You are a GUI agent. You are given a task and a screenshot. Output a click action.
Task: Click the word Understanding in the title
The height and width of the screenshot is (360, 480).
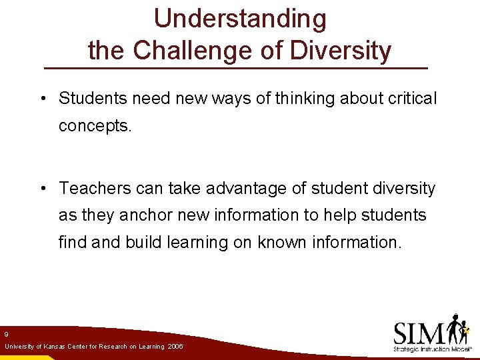tap(240, 19)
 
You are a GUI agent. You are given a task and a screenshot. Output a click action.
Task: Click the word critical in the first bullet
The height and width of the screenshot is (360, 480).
tap(412, 99)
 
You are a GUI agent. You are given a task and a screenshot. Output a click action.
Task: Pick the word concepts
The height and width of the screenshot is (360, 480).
tap(96, 126)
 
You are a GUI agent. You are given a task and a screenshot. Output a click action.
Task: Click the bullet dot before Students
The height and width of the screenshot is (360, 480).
tap(42, 99)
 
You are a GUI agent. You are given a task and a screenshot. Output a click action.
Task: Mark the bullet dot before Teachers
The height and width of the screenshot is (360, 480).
tap(42, 189)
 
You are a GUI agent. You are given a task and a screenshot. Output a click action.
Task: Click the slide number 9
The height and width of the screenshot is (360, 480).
tap(6, 334)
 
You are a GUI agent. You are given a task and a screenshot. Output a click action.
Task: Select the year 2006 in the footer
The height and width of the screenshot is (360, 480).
tap(175, 347)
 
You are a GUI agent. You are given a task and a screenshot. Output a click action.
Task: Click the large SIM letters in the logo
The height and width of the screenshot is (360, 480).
tap(419, 331)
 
